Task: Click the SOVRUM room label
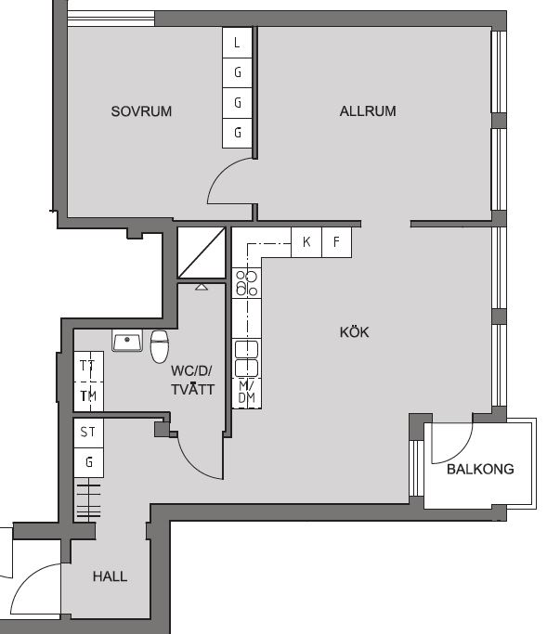[x=141, y=111]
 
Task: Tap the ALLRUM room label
[x=368, y=111]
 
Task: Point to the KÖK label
[x=355, y=332]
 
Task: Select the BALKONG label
[x=480, y=469]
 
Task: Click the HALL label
[x=110, y=576]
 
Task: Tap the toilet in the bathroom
[x=160, y=346]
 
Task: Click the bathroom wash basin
[x=127, y=341]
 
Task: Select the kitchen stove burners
[x=247, y=283]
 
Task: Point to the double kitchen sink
[x=246, y=358]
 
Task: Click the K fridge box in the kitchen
[x=306, y=242]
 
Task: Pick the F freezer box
[x=336, y=242]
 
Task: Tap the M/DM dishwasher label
[x=246, y=393]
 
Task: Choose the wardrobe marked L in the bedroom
[x=237, y=43]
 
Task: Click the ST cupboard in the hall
[x=88, y=433]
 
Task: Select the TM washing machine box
[x=88, y=396]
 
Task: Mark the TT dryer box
[x=88, y=367]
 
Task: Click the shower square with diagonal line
[x=202, y=252]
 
